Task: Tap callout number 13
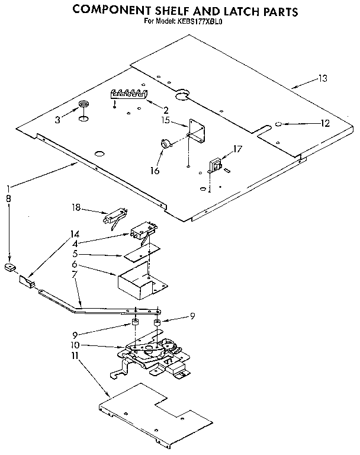(x=322, y=78)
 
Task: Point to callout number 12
(x=324, y=124)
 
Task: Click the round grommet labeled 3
(x=84, y=106)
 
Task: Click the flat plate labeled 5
(x=138, y=254)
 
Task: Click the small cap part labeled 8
(x=9, y=267)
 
